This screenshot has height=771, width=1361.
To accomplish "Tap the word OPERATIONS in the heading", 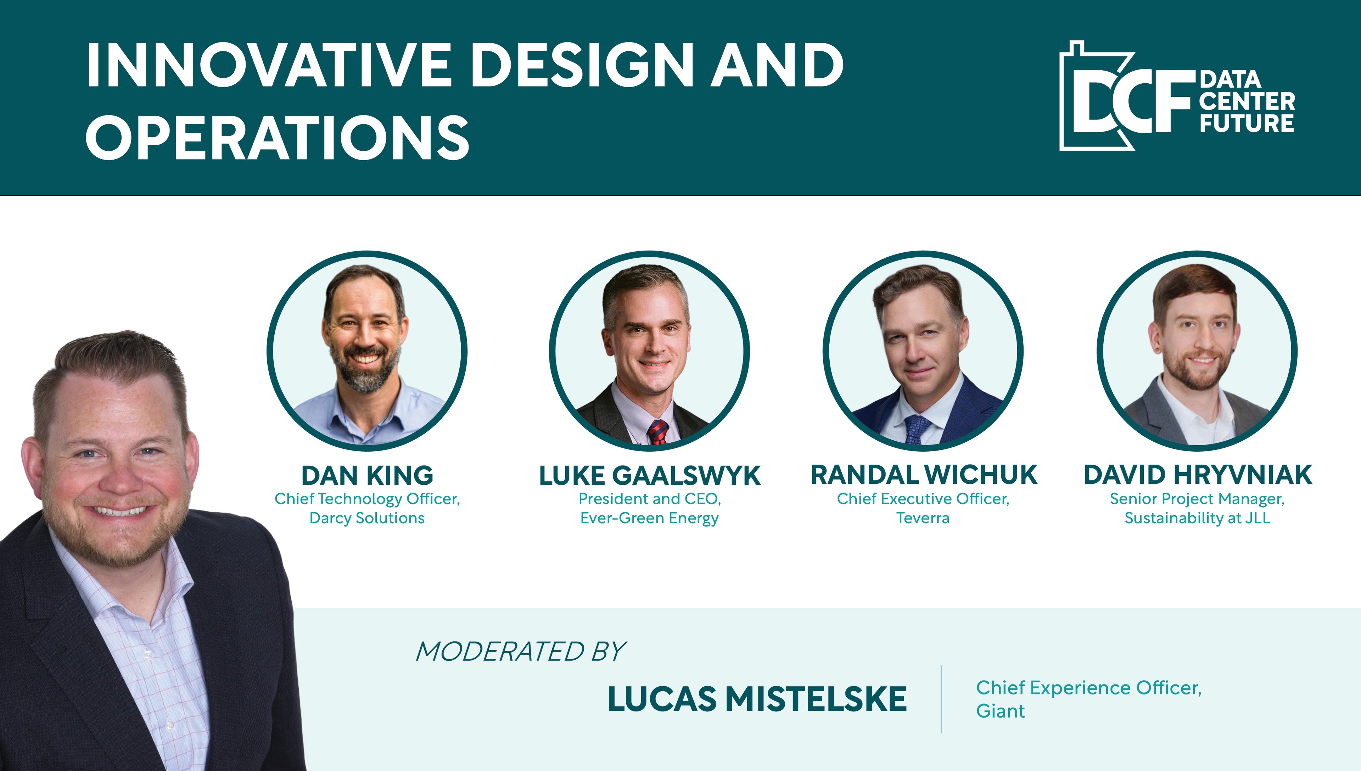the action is [278, 137].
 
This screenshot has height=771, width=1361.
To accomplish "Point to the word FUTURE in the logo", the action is [1247, 123].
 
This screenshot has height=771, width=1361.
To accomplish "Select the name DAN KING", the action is [368, 475].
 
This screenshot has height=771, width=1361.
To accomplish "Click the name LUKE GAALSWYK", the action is [650, 475].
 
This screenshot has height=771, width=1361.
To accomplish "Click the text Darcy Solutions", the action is [367, 518].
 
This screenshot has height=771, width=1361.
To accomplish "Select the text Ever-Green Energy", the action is [650, 518].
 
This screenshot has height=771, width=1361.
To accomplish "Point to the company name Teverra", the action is [923, 518].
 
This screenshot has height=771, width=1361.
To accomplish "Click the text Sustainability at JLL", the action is [1197, 518].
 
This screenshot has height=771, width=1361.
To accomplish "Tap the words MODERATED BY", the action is [520, 651].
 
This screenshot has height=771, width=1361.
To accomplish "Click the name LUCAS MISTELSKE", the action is [757, 699].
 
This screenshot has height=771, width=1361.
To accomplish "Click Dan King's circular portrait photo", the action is [367, 351].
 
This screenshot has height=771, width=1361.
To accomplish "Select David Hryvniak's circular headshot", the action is [1197, 351].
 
